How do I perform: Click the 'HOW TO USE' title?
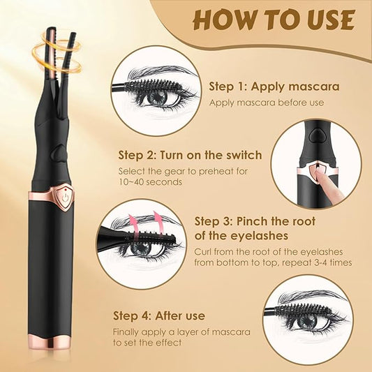(274, 20)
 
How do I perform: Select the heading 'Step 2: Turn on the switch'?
(190, 155)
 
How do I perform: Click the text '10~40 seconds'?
(151, 181)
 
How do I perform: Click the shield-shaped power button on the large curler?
(63, 196)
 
